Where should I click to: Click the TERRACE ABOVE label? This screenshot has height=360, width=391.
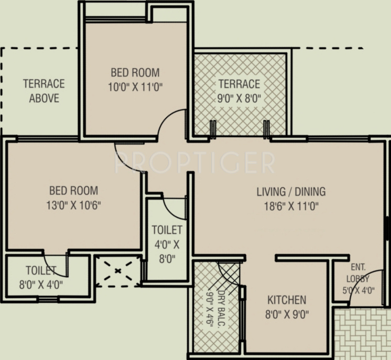tap(44, 91)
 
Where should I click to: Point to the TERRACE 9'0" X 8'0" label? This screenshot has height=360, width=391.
tap(239, 91)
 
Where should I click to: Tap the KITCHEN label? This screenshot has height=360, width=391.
tap(287, 300)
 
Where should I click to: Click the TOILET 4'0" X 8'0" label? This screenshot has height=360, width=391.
tap(167, 243)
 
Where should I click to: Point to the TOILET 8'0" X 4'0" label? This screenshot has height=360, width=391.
tap(44, 278)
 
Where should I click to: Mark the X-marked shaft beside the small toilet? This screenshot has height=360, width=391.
tap(118, 271)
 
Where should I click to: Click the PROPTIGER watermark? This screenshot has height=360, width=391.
tap(194, 163)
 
